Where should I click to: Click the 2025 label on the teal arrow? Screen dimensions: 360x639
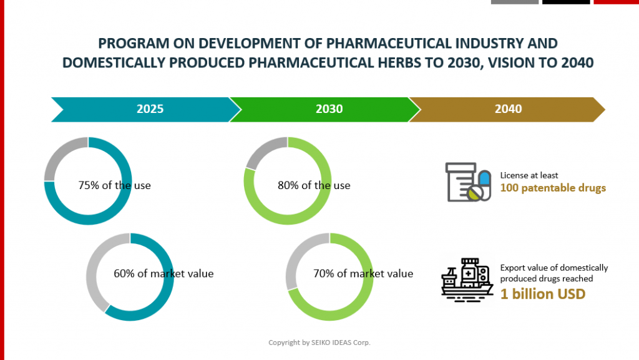click(150, 109)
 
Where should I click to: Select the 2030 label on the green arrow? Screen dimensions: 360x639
click(329, 109)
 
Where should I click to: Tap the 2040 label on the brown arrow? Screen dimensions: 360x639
click(508, 109)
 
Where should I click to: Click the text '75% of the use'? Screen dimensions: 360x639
click(114, 185)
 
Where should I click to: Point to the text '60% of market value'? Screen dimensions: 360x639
click(163, 273)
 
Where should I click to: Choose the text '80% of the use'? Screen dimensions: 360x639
click(314, 185)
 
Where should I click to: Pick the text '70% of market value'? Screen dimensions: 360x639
click(363, 273)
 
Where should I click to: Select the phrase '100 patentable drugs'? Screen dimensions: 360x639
click(553, 188)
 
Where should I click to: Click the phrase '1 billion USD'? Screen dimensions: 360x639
click(543, 294)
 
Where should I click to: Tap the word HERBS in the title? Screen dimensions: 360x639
click(434, 63)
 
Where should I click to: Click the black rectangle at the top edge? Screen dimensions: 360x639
click(566, 2)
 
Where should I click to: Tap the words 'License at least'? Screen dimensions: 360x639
click(529, 175)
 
